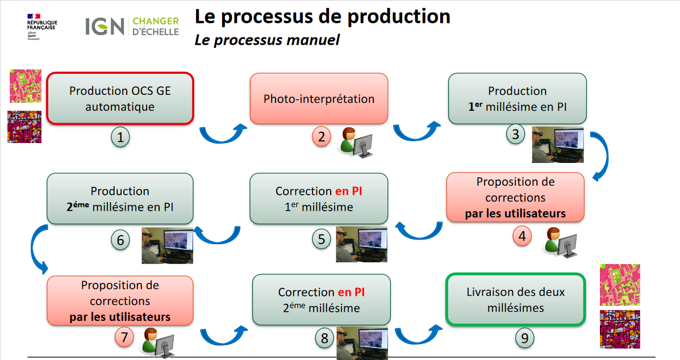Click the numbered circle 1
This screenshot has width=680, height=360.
point(120,137)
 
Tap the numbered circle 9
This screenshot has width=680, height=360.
point(525,338)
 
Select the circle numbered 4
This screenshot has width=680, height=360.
point(522,236)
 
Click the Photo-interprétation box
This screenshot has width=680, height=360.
point(319,99)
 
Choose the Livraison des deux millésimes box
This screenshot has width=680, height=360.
point(515,299)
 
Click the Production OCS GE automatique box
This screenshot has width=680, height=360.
point(120,98)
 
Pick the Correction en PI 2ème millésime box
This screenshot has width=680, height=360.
point(321,300)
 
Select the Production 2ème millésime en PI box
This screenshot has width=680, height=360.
point(120,199)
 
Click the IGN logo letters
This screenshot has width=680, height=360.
point(105,26)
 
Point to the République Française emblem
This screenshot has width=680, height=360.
point(41,26)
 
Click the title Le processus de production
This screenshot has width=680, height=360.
point(322,16)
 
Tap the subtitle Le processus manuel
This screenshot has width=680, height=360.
point(267,40)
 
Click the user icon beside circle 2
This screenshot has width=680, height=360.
point(356,142)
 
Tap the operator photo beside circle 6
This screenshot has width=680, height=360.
point(167,245)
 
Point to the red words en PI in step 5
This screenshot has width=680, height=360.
point(348,191)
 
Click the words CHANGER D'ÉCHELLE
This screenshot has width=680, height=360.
point(155,26)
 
